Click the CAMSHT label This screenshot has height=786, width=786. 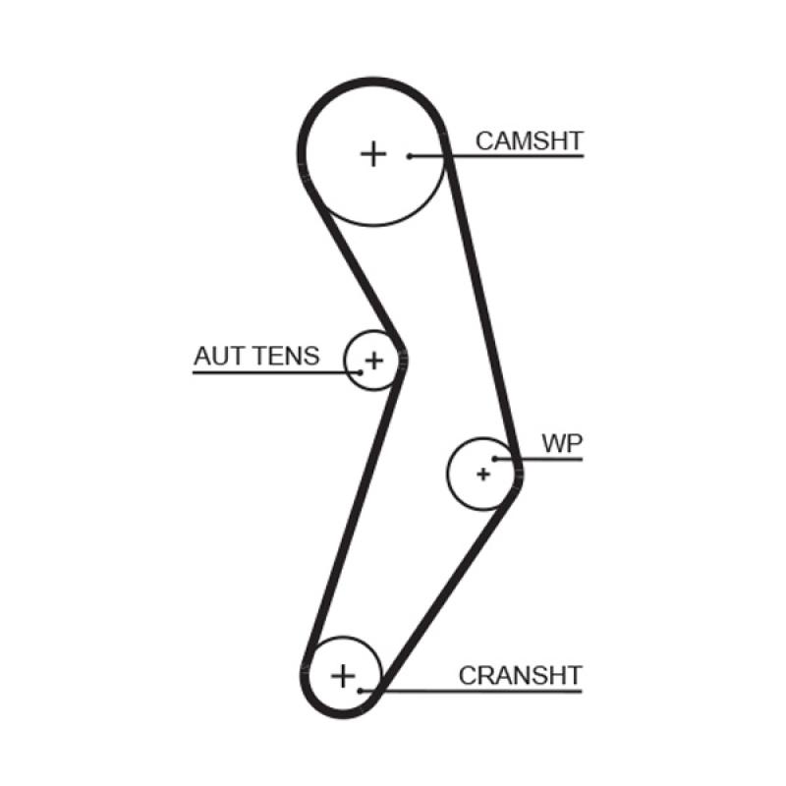529,140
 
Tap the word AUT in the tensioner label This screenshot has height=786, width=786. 216,356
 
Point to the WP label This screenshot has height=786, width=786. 562,443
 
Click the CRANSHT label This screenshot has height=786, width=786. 520,676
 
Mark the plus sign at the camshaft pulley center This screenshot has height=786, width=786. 372,153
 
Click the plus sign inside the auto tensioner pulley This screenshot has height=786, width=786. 372,362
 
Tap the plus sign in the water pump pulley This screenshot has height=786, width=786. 482,474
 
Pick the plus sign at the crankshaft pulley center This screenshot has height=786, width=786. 342,676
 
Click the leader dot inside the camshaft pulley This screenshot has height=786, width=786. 410,155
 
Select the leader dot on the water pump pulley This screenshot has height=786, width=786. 495,458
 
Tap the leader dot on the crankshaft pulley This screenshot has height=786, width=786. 362,691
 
